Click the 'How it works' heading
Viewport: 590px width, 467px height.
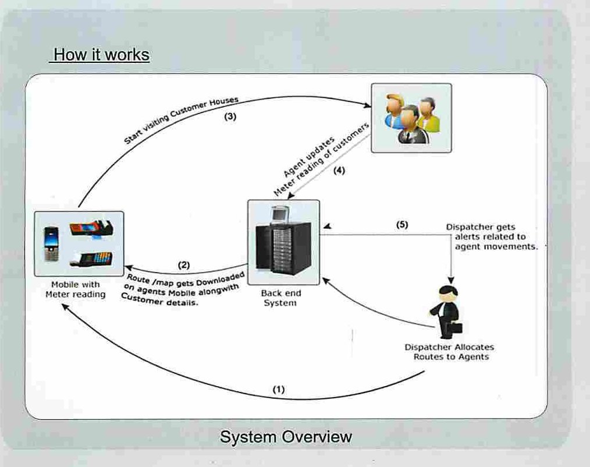[x=100, y=55]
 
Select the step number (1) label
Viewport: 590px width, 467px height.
[x=279, y=390]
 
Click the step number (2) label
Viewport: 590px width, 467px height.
[x=184, y=265]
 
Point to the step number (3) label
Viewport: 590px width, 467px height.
[x=230, y=116]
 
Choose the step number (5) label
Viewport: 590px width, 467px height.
[x=401, y=225]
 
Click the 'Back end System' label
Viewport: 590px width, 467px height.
[x=279, y=298]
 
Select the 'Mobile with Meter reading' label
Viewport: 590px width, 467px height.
[x=76, y=289]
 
